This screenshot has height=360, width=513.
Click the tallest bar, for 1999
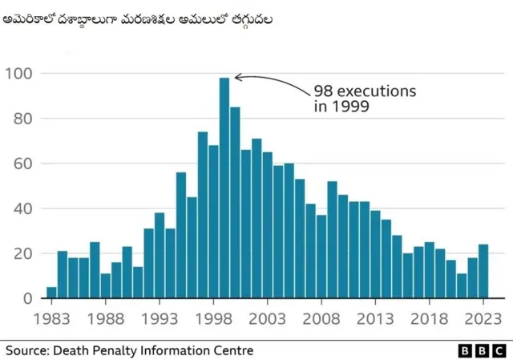pos(224,188)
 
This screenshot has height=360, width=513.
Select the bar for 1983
pos(52,293)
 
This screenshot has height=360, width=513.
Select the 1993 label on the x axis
pos(160,318)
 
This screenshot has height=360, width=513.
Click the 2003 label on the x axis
pos(268,318)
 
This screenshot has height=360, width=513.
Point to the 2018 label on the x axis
pos(430,318)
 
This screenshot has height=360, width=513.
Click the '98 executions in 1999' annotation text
pos(364,98)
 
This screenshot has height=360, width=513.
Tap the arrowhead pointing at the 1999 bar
pos(237,78)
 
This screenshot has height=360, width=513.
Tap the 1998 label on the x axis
pos(214,318)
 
